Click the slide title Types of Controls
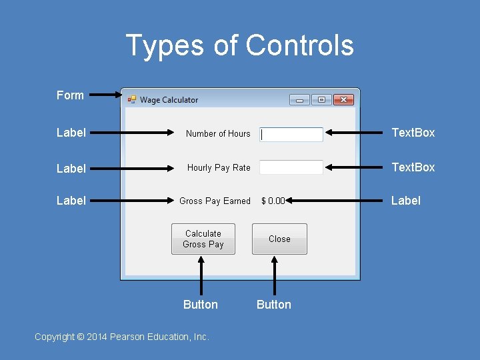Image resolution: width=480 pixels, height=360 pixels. pyautogui.click(x=239, y=46)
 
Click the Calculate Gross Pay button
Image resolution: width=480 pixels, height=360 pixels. pyautogui.click(x=203, y=239)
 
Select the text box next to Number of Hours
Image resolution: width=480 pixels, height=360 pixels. pyautogui.click(x=291, y=134)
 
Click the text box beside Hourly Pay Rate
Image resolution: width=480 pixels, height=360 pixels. pyautogui.click(x=291, y=167)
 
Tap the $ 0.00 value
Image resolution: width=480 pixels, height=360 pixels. pyautogui.click(x=273, y=201)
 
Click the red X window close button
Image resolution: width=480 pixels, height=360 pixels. pyautogui.click(x=343, y=100)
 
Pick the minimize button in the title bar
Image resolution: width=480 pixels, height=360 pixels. pyautogui.click(x=299, y=100)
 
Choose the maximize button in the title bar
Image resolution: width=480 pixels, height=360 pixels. pyautogui.click(x=321, y=100)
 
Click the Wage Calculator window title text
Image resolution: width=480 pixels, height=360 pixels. pyautogui.click(x=169, y=100)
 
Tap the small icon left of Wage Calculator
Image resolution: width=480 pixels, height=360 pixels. pyautogui.click(x=132, y=100)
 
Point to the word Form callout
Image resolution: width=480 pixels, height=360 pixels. pyautogui.click(x=70, y=95)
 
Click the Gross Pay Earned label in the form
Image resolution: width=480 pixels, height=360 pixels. pyautogui.click(x=215, y=201)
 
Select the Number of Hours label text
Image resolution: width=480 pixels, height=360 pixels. pyautogui.click(x=218, y=134)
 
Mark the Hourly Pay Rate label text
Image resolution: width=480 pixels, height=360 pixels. pyautogui.click(x=219, y=168)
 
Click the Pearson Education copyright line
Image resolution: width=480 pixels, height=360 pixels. pyautogui.click(x=122, y=337)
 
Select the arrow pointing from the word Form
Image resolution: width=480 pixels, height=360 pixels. pyautogui.click(x=105, y=95)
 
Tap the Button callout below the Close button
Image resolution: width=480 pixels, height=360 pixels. pyautogui.click(x=273, y=305)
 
